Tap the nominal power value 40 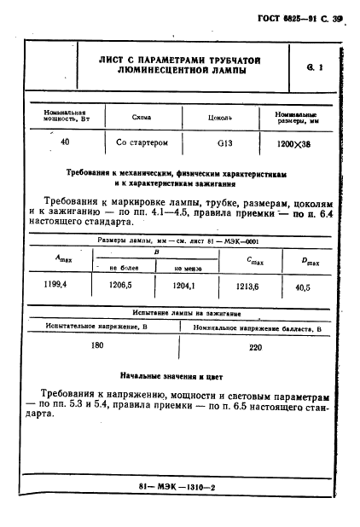coord(65,142)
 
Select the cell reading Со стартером coord(141,142)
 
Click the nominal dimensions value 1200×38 coord(296,142)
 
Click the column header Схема coord(142,117)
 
